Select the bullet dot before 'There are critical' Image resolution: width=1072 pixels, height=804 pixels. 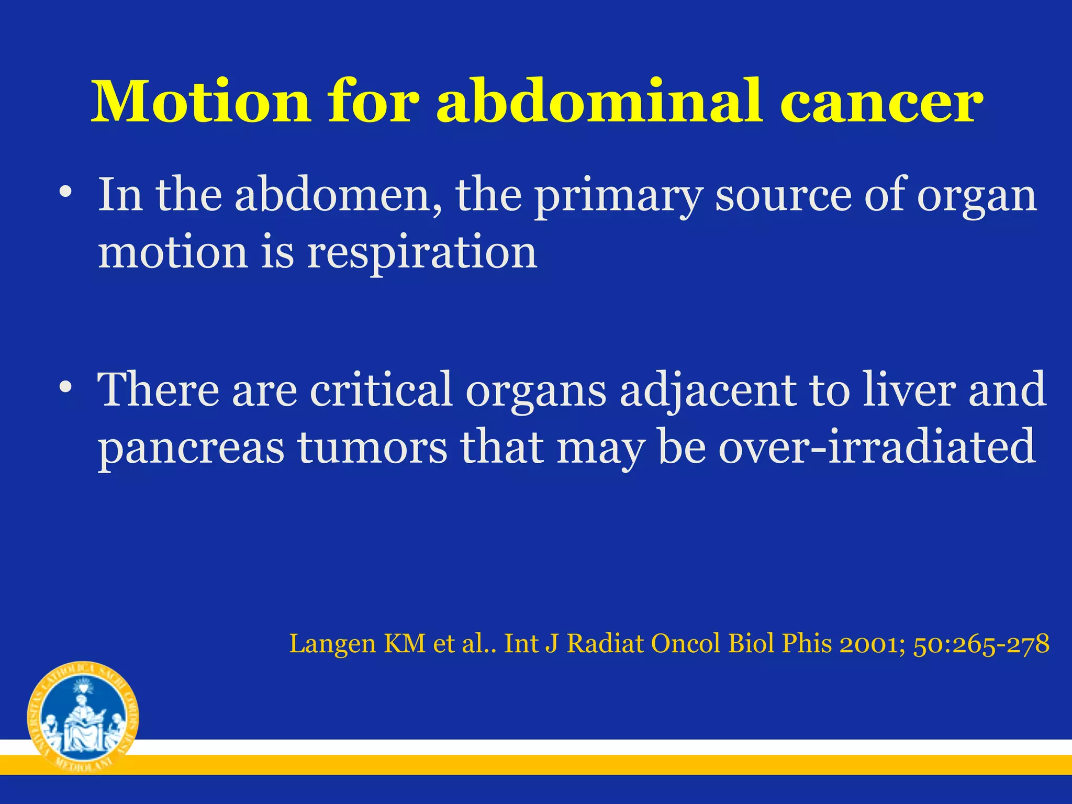pos(65,388)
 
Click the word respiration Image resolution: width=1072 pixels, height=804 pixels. pos(422,253)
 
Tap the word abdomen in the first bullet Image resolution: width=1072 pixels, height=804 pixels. pos(338,195)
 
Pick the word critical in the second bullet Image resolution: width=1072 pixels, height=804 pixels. pos(381,389)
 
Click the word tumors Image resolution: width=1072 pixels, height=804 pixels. pos(372,447)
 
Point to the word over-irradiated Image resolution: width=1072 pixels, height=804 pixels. pos(877,447)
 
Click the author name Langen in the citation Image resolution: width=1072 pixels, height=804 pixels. pos(333,644)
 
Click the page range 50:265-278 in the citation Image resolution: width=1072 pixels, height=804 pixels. pos(981,644)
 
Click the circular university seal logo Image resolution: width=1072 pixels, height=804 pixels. pos(83,717)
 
